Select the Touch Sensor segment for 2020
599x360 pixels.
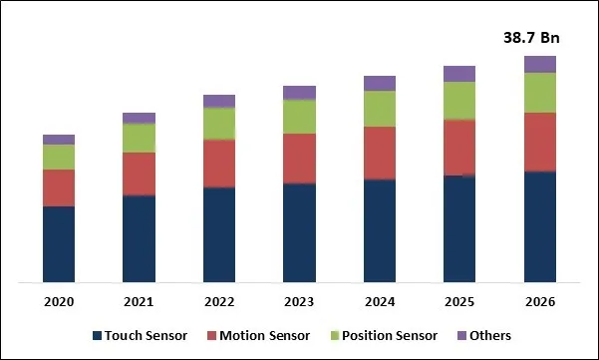pyautogui.click(x=59, y=244)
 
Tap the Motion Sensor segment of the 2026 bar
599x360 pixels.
pyautogui.click(x=539, y=142)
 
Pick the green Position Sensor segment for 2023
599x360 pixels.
pyautogui.click(x=299, y=117)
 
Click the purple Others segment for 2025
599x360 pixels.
pyautogui.click(x=459, y=73)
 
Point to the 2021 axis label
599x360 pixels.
pyautogui.click(x=139, y=301)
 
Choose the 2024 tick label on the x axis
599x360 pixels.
pyautogui.click(x=379, y=301)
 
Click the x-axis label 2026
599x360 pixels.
pyautogui.click(x=539, y=301)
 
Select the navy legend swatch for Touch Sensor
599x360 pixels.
pyautogui.click(x=98, y=336)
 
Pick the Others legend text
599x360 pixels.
pyautogui.click(x=492, y=336)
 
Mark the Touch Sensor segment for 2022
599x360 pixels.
pyautogui.click(x=219, y=234)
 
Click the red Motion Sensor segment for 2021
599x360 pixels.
pyautogui.click(x=139, y=174)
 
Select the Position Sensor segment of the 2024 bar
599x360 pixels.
pyautogui.click(x=379, y=109)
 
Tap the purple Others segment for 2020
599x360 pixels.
pyautogui.click(x=59, y=140)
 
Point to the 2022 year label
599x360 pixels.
pyautogui.click(x=219, y=301)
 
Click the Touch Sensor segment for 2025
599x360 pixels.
pyautogui.click(x=459, y=228)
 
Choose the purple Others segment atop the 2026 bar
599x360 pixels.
pyautogui.click(x=539, y=64)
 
